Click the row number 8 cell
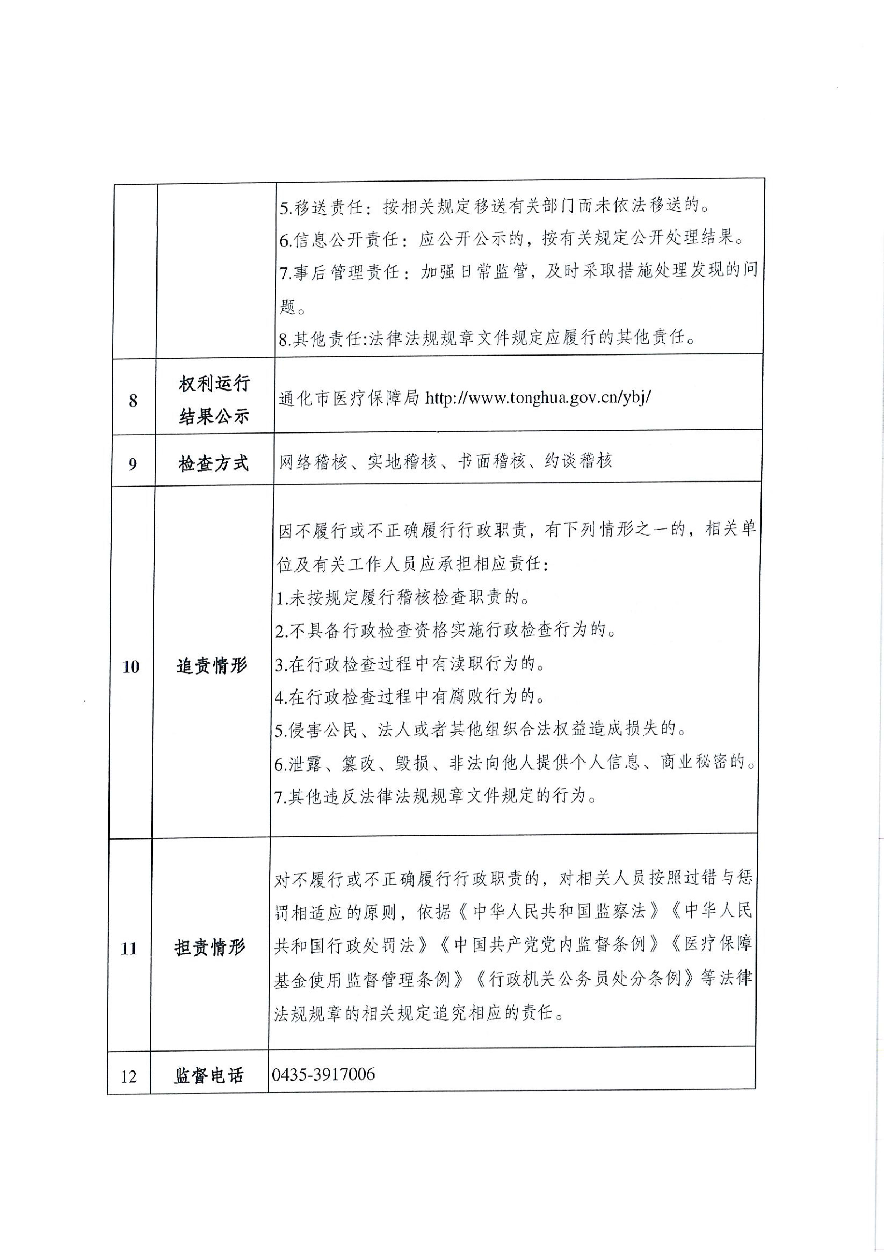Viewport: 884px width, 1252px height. point(133,401)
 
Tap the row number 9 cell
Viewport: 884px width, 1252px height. point(132,464)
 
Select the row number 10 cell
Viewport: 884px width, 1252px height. point(131,666)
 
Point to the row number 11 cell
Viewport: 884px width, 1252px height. point(129,948)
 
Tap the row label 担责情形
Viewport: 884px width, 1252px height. point(210,948)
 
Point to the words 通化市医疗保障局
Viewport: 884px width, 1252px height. point(349,398)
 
